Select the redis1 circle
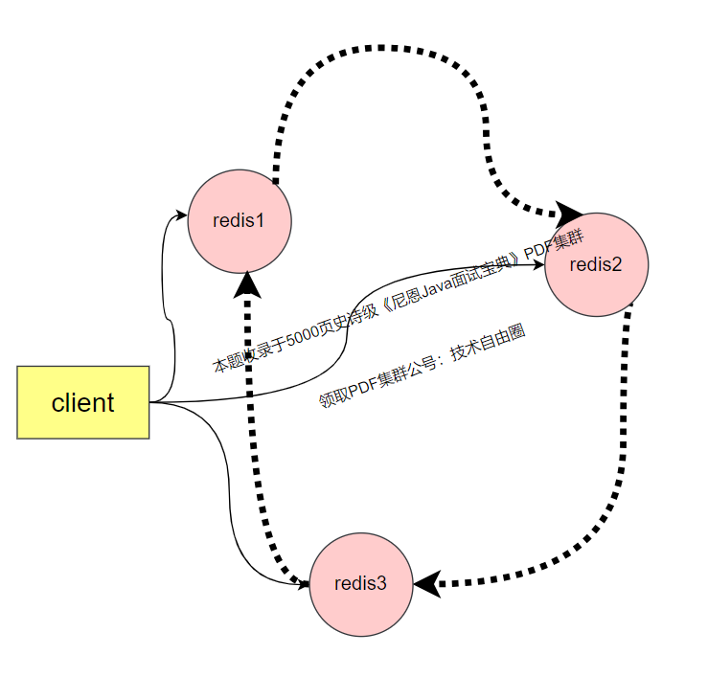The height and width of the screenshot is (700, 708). (240, 220)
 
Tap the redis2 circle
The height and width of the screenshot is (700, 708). (596, 265)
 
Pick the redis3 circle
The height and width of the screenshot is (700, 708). (361, 583)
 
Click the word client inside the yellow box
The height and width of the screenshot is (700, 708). (83, 403)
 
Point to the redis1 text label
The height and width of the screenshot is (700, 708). (239, 220)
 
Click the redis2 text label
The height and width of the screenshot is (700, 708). (596, 265)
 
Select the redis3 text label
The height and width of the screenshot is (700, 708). (360, 583)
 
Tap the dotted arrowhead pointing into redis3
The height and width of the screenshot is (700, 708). (427, 582)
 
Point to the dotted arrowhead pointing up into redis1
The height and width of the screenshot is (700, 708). (248, 282)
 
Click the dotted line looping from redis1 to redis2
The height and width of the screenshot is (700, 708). (383, 46)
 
